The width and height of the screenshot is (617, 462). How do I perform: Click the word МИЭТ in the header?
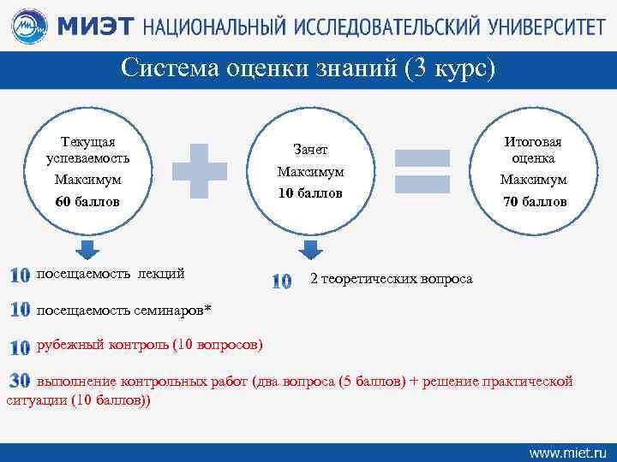coord(95,27)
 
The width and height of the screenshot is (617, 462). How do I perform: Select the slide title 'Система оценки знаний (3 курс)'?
coord(308,68)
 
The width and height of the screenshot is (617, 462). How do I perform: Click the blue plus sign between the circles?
coord(200,168)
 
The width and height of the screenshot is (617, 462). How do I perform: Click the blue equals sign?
coord(422,169)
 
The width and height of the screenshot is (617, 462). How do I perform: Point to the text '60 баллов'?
coord(87,202)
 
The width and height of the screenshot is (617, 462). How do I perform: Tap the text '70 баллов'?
coord(534,202)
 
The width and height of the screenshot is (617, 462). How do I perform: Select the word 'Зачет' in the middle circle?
coord(310,150)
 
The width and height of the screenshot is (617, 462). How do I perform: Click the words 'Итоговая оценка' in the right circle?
coord(534,150)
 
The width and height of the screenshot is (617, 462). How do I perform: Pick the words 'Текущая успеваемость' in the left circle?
coord(87,150)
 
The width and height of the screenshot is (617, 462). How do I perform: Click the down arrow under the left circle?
coord(86,249)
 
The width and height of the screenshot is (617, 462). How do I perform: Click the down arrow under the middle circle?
coord(310,249)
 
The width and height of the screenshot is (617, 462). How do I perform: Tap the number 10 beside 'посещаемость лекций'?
coord(20,275)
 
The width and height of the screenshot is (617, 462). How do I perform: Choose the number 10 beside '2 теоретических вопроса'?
coord(281,281)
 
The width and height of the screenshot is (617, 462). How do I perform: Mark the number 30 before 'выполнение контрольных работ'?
coord(20,381)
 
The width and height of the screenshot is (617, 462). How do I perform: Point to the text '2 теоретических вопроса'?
coord(391,279)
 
